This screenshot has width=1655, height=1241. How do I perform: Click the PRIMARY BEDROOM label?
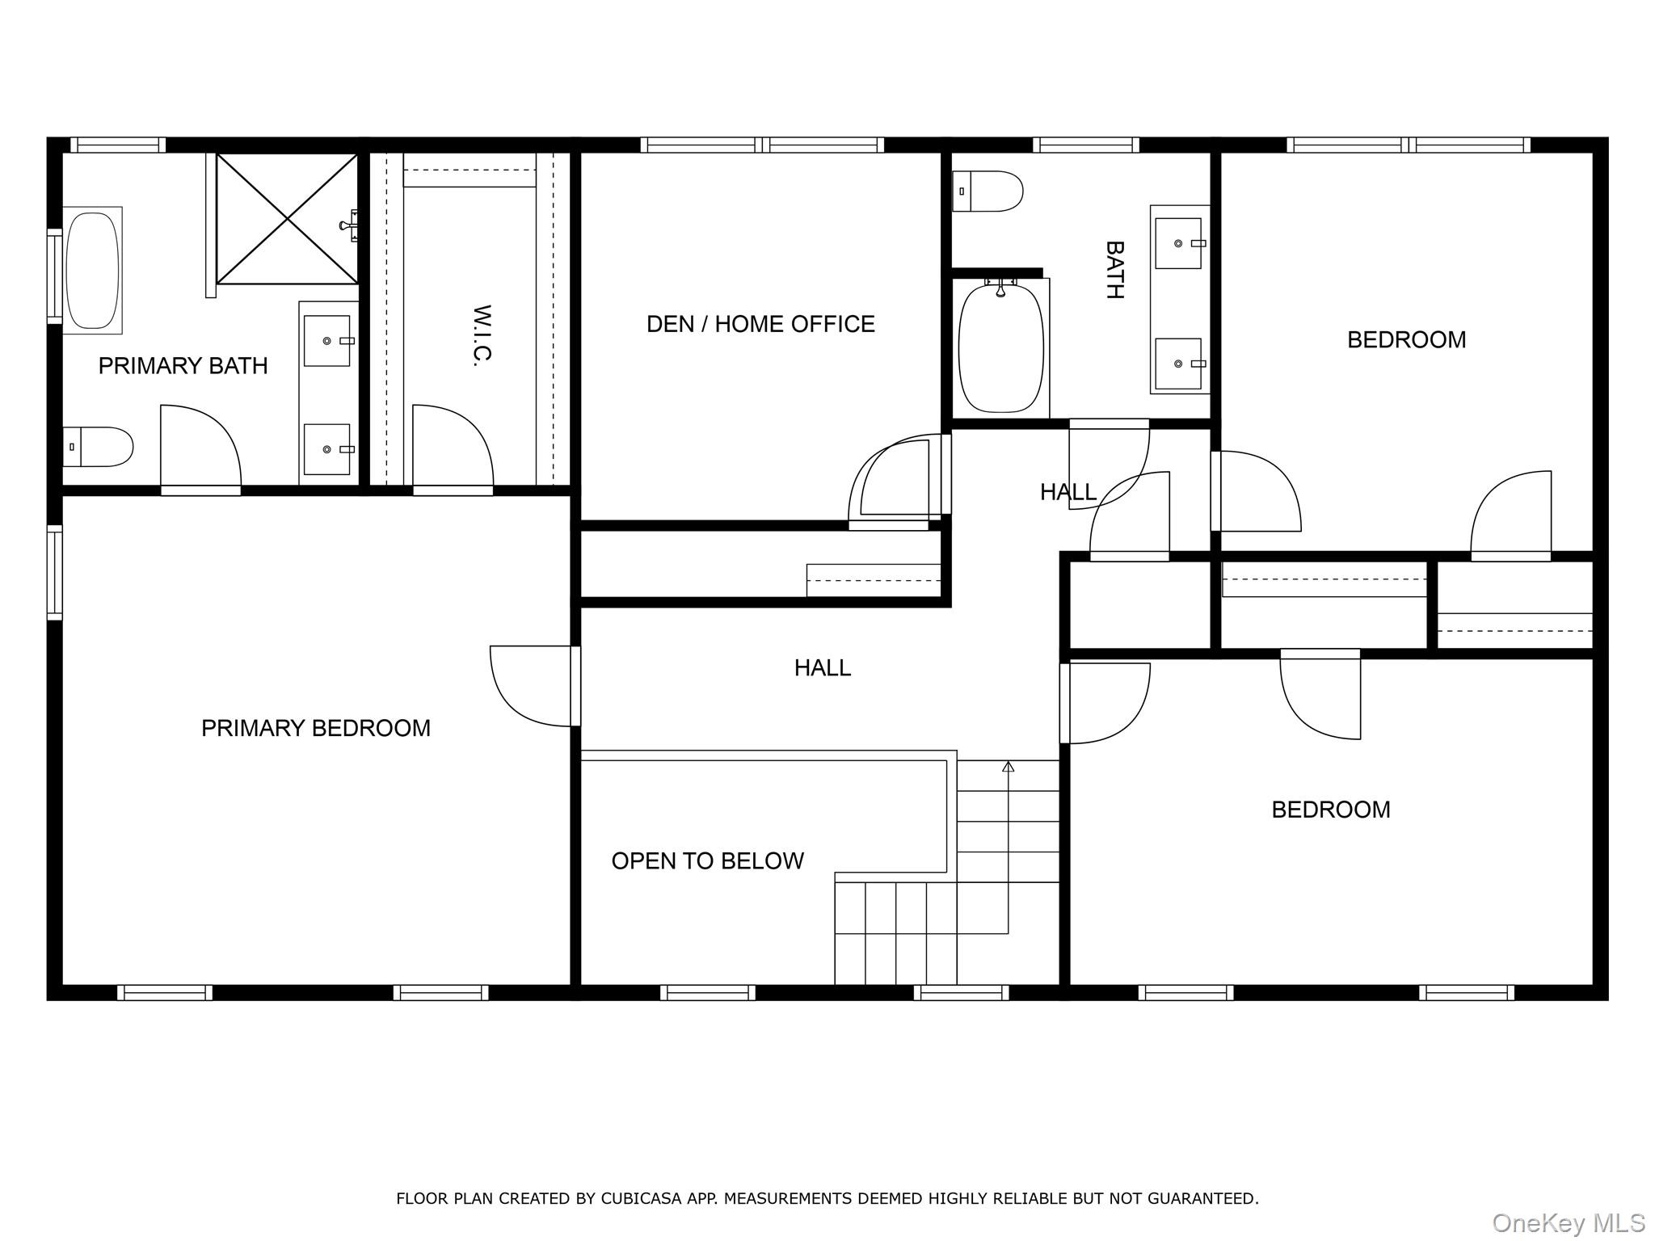[315, 728]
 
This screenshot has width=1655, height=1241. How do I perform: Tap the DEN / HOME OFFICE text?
[760, 324]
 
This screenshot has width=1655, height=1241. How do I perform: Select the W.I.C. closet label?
[482, 335]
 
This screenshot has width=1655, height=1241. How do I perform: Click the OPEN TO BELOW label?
[707, 860]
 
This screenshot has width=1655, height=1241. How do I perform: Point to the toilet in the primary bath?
[98, 447]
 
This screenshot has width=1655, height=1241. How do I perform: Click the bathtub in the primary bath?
[92, 270]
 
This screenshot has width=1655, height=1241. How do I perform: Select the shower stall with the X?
[287, 219]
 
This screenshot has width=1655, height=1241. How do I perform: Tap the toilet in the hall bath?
[988, 191]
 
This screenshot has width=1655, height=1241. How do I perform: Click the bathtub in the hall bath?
[1000, 347]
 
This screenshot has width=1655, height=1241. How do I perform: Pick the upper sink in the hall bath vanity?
[1178, 242]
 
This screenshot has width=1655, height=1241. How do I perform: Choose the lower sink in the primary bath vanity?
[327, 449]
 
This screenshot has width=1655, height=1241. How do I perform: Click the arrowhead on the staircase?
[1008, 766]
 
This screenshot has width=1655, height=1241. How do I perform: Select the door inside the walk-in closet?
[453, 446]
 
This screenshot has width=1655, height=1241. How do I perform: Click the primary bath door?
[200, 446]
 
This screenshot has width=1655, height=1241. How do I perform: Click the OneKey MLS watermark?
[1568, 1222]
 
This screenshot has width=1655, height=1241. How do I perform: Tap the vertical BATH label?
[1114, 270]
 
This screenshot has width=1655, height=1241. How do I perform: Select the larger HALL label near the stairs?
[822, 667]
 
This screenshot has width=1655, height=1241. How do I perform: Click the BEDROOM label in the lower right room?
[1330, 810]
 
